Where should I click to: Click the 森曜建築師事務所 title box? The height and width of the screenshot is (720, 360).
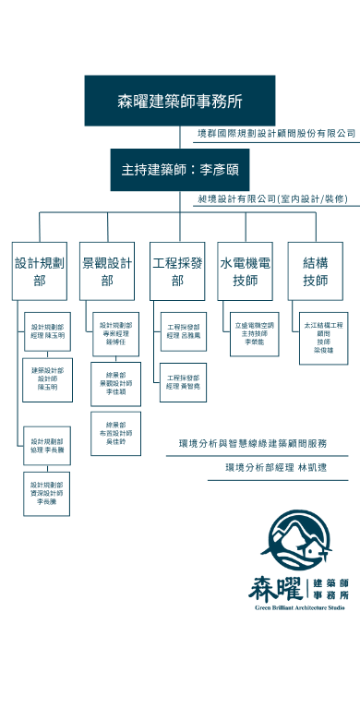pyautogui.click(x=180, y=101)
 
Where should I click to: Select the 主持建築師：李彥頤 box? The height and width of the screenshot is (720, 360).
pyautogui.click(x=180, y=170)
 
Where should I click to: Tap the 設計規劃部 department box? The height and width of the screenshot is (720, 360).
pyautogui.click(x=40, y=270)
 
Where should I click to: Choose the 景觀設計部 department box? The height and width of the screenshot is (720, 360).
pyautogui.click(x=108, y=270)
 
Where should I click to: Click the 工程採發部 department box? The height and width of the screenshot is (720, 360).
pyautogui.click(x=177, y=270)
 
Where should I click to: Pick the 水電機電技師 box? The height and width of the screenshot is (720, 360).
pyautogui.click(x=246, y=270)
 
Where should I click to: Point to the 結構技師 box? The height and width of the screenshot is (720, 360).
pyautogui.click(x=315, y=270)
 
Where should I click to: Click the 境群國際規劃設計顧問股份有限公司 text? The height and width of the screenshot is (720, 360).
pyautogui.click(x=276, y=134)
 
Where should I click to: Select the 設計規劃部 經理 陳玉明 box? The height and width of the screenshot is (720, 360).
pyautogui.click(x=47, y=330)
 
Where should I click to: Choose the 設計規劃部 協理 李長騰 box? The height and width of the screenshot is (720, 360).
pyautogui.click(x=47, y=446)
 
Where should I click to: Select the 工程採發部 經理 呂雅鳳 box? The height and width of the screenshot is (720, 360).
pyautogui.click(x=183, y=330)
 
